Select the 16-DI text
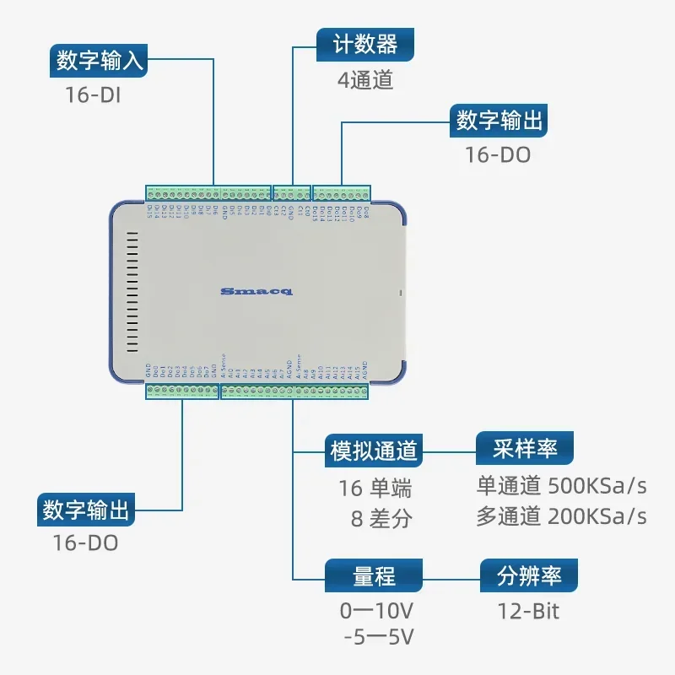click(x=93, y=94)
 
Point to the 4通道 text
click(x=365, y=80)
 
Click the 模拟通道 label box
click(x=372, y=451)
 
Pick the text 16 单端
click(x=375, y=488)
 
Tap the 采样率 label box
click(x=526, y=448)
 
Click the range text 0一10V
click(x=377, y=610)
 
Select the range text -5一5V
click(x=379, y=637)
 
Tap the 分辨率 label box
click(x=529, y=576)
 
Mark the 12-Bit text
click(x=529, y=610)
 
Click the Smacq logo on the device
click(x=256, y=291)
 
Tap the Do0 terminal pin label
click(x=158, y=372)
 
